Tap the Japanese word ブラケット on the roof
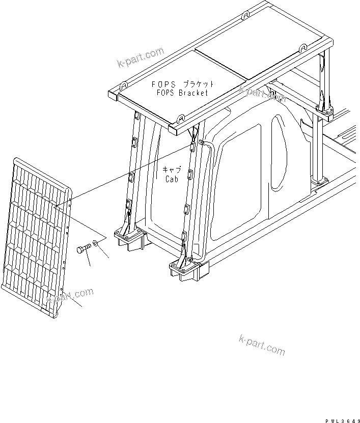tap(196, 84)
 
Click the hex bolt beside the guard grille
tap(84, 249)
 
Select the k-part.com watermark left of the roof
tap(140, 57)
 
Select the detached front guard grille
tap(38, 234)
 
